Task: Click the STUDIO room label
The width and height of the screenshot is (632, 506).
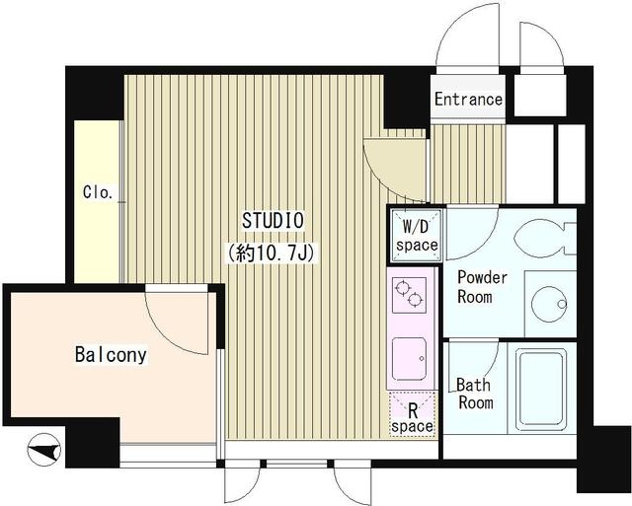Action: [x=273, y=220]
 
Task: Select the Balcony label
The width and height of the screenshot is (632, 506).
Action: [x=111, y=355]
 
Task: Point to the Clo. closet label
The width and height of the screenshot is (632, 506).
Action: [x=98, y=192]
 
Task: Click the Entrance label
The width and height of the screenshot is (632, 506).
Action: [x=468, y=99]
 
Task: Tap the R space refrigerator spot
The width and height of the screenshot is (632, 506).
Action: [x=412, y=413]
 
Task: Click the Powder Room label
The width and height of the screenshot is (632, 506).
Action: [x=482, y=287]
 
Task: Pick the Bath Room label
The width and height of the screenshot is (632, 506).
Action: [x=475, y=394]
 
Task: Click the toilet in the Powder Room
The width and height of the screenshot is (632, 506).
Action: [x=544, y=239]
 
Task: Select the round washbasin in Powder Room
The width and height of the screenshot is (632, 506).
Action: [x=549, y=304]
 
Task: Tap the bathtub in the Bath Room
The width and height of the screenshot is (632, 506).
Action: [x=542, y=389]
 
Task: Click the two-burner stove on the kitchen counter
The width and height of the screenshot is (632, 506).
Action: [x=409, y=295]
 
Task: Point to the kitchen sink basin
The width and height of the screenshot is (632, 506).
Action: [x=409, y=359]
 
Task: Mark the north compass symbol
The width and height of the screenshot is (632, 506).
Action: [x=43, y=450]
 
